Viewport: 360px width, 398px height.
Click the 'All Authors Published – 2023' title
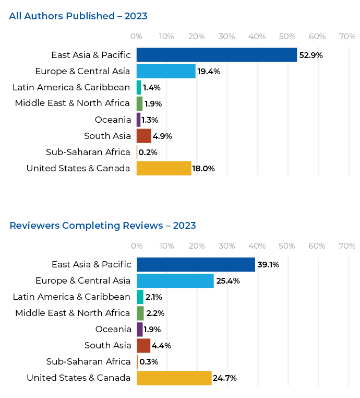[x=78, y=16]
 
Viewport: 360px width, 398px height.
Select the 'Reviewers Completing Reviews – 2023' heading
[x=103, y=226]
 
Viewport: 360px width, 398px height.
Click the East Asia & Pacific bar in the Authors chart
[x=217, y=55]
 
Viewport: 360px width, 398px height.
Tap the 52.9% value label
[x=311, y=55]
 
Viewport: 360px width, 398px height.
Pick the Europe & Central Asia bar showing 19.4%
[x=166, y=71]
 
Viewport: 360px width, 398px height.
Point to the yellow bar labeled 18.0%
[x=164, y=168]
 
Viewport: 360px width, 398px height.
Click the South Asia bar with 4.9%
[x=143, y=136]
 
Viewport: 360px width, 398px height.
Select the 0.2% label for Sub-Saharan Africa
[x=148, y=153]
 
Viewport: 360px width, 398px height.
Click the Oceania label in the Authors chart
[x=113, y=120]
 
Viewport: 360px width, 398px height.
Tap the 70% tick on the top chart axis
[x=347, y=37]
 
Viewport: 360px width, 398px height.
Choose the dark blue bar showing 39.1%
[x=196, y=264]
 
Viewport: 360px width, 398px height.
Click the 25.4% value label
[x=228, y=281]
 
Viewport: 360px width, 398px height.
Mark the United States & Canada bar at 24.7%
[x=174, y=378]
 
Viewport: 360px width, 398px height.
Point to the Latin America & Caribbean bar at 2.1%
[x=140, y=297]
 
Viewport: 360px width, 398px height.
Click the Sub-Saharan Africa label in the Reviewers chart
[x=88, y=361]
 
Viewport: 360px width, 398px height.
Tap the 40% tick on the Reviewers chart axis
[x=257, y=246]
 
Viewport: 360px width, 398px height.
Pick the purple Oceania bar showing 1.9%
[x=139, y=329]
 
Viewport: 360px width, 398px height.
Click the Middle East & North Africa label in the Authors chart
[x=72, y=103]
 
